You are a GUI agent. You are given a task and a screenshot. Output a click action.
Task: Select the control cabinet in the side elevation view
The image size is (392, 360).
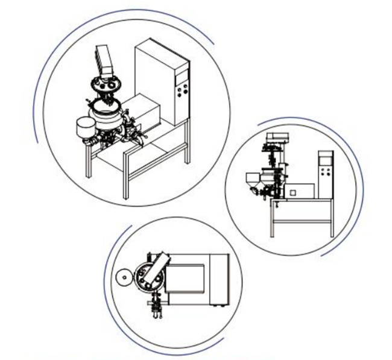tap(326, 175)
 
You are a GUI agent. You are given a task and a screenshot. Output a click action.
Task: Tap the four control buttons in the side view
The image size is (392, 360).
tap(327, 174)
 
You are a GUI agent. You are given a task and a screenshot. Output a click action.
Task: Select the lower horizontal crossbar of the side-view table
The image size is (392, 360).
tap(302, 222)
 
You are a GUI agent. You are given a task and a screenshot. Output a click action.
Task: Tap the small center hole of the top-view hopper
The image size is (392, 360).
tap(124, 278)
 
